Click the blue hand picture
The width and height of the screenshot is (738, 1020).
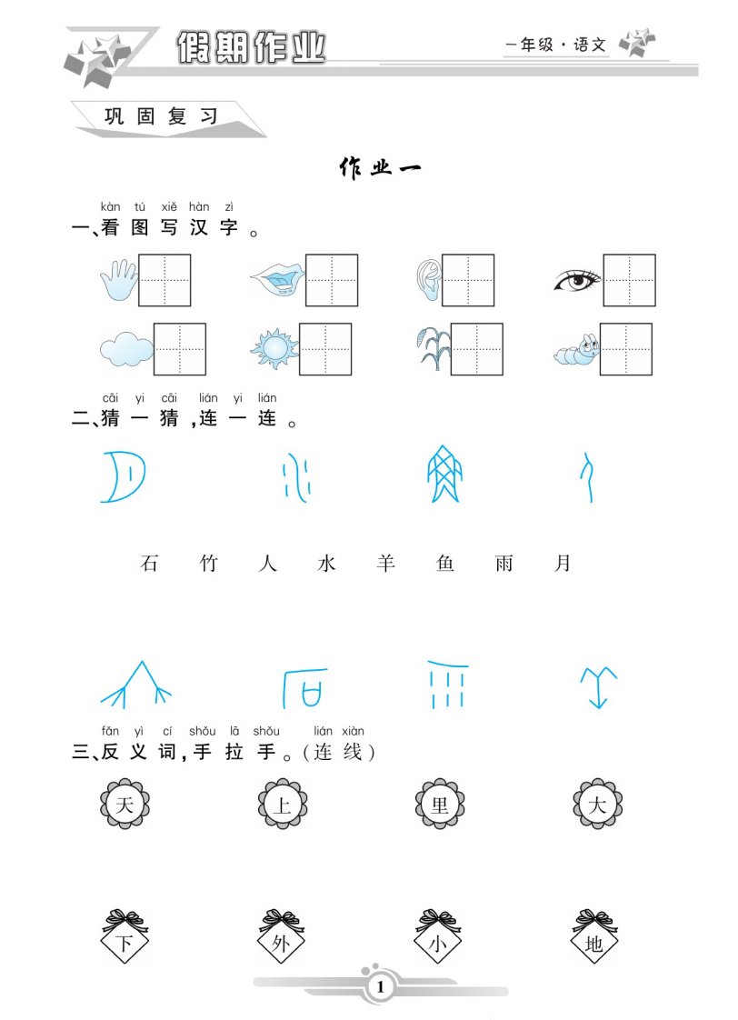119,280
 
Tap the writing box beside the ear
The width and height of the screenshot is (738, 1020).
468,280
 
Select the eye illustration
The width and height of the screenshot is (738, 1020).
577,280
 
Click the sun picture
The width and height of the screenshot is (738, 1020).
274,349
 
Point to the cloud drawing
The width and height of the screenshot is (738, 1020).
127,349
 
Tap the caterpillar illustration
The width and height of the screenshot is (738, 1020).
577,350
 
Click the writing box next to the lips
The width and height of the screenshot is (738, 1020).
332,280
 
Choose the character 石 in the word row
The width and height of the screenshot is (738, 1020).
150,563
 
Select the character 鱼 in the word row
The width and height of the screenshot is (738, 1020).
444,563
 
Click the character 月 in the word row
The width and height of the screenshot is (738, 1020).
563,563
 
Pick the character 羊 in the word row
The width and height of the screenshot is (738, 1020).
385,563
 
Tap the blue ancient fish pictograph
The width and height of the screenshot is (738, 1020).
444,475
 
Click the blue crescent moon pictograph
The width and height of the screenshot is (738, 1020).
124,477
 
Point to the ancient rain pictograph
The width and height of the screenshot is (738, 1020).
447,685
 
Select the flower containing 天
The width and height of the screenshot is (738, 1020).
125,804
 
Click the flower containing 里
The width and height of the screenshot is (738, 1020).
440,804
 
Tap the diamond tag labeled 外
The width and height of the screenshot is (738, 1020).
281,937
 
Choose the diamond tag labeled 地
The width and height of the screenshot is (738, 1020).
594,937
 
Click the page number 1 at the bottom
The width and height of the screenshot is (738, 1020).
381,987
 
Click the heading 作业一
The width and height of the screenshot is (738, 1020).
381,168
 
